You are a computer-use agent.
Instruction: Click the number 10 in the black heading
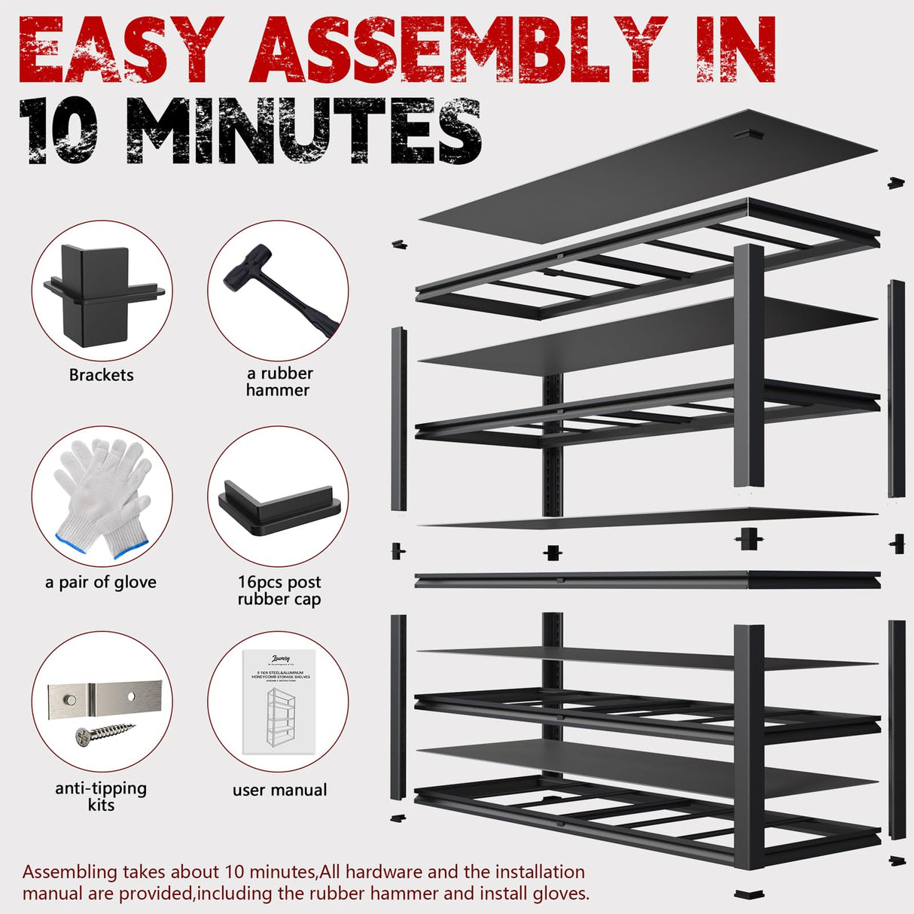[x=59, y=132]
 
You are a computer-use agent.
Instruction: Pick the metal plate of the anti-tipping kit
[x=105, y=700]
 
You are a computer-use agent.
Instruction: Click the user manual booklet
[x=277, y=702]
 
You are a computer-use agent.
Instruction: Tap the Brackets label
[x=101, y=375]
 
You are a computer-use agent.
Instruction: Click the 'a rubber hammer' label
[x=279, y=382]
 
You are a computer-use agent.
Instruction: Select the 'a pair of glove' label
[x=101, y=582]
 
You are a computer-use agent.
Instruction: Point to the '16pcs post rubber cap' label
[x=279, y=590]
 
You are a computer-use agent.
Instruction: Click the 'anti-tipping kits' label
[x=101, y=797]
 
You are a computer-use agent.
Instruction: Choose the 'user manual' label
[x=279, y=790]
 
